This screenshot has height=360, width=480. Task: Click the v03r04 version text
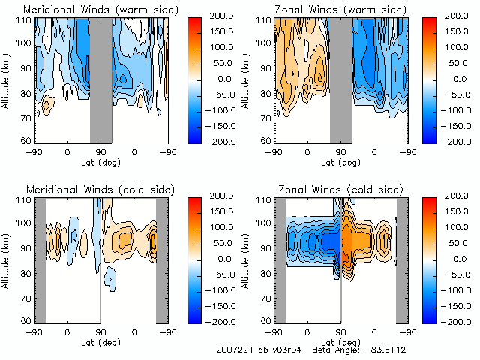tap(288, 349)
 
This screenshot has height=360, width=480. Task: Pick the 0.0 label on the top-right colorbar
tap(458, 78)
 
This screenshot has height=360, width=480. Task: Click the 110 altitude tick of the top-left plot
tap(25, 20)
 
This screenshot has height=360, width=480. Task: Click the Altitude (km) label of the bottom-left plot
tap(7, 259)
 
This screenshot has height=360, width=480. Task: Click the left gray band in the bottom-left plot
tap(40, 259)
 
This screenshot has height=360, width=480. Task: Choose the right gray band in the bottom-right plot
tap(401, 259)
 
